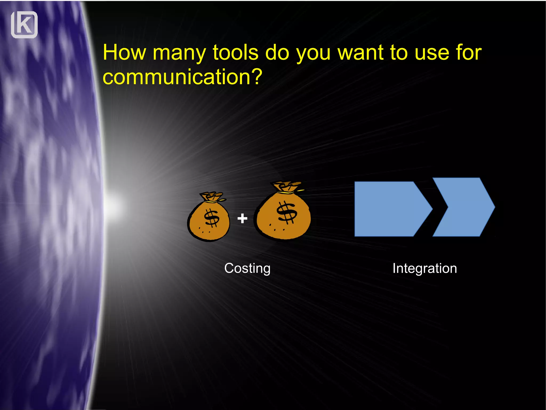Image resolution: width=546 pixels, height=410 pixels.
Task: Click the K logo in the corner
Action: [x=24, y=25]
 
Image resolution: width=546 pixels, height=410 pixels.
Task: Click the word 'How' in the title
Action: [x=124, y=52]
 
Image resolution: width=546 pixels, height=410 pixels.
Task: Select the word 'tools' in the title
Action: [x=235, y=52]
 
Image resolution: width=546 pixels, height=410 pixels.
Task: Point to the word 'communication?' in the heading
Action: [x=183, y=77]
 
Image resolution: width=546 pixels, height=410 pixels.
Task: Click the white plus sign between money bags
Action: [x=242, y=218]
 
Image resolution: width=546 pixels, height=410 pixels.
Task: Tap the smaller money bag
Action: [x=208, y=222]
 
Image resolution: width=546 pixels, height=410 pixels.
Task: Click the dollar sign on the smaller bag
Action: [x=212, y=218]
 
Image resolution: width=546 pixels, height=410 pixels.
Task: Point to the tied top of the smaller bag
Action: [x=212, y=197]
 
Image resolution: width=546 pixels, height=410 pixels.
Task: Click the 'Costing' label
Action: [x=247, y=268]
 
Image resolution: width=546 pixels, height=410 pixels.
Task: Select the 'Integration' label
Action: [x=424, y=268]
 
